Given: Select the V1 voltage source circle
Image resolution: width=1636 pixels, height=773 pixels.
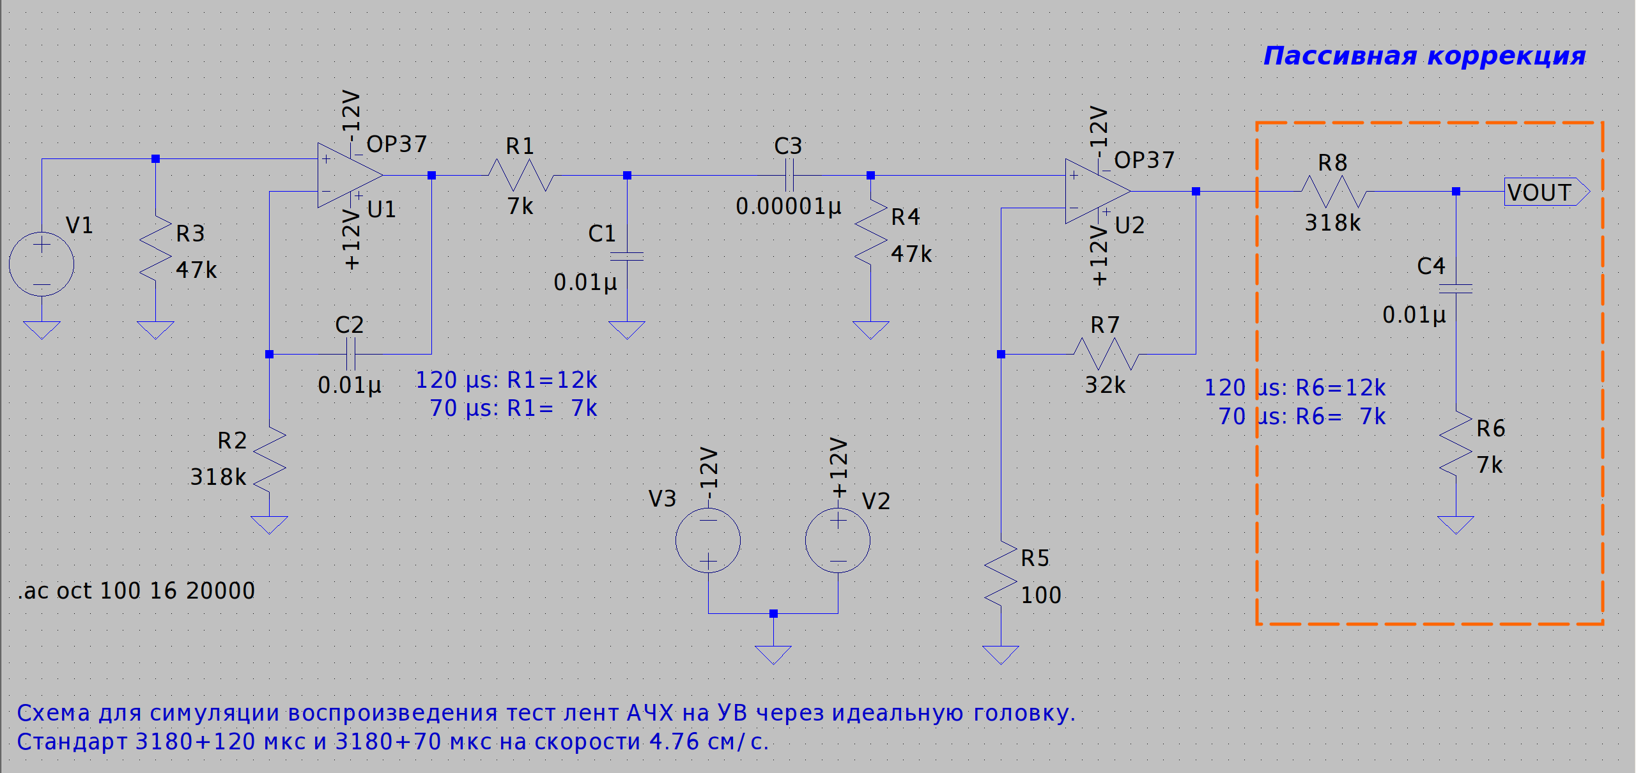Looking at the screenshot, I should pyautogui.click(x=42, y=264).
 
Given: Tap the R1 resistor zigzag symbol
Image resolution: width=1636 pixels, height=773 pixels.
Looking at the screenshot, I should pyautogui.click(x=520, y=175).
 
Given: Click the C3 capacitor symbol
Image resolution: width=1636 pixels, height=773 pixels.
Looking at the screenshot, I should pyautogui.click(x=789, y=175).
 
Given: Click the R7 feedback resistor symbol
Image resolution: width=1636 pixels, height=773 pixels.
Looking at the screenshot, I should pyautogui.click(x=1106, y=354).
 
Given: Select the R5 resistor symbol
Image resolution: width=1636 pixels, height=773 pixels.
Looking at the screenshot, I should pyautogui.click(x=1001, y=573).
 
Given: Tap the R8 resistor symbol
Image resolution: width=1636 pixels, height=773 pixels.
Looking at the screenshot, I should pyautogui.click(x=1334, y=191).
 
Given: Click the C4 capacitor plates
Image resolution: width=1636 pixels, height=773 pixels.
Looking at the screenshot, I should pyautogui.click(x=1456, y=289).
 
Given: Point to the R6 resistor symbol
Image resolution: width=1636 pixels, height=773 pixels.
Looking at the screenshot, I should pyautogui.click(x=1456, y=444).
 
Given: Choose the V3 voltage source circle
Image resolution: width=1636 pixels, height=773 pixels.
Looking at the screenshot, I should pyautogui.click(x=708, y=540).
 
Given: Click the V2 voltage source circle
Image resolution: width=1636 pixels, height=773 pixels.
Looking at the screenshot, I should pyautogui.click(x=838, y=540).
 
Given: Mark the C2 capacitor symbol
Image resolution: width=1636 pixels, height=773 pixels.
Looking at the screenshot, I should pyautogui.click(x=350, y=354).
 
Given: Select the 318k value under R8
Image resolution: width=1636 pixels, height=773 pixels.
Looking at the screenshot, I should pyautogui.click(x=1332, y=223).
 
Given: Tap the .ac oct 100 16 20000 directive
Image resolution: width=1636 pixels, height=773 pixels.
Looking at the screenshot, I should pyautogui.click(x=137, y=591).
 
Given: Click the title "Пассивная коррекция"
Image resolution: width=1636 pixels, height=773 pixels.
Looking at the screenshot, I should pyautogui.click(x=1424, y=56).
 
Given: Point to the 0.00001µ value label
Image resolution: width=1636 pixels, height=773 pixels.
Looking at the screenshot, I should pyautogui.click(x=789, y=206).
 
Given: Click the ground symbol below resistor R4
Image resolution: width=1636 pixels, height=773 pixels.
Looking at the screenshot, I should pyautogui.click(x=870, y=330).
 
